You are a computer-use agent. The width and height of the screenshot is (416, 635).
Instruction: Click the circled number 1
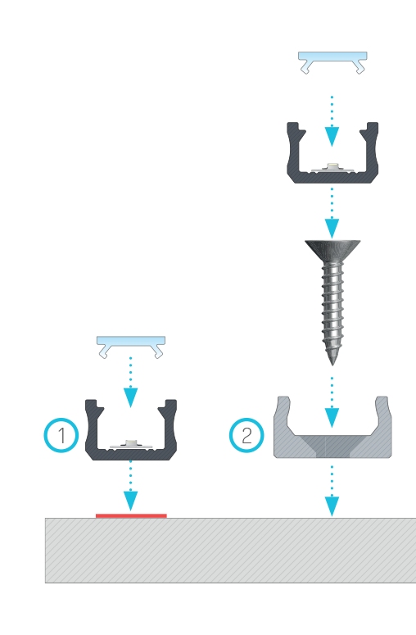pyautogui.click(x=61, y=435)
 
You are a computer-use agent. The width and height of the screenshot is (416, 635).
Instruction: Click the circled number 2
pyautogui.click(x=246, y=435)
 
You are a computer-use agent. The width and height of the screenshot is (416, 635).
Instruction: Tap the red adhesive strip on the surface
pyautogui.click(x=131, y=515)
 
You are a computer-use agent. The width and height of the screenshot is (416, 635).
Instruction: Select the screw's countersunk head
pyautogui.click(x=332, y=250)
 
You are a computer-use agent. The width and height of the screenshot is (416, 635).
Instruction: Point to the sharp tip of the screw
pyautogui.click(x=332, y=365)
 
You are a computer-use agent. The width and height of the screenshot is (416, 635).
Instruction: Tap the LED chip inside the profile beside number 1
pyautogui.click(x=130, y=443)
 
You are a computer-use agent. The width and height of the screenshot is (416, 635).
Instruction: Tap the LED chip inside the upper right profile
pyautogui.click(x=332, y=166)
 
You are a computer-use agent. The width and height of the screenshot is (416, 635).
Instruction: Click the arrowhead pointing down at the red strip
pyautogui.click(x=130, y=501)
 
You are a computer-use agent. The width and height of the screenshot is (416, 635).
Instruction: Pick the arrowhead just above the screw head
pyautogui.click(x=332, y=228)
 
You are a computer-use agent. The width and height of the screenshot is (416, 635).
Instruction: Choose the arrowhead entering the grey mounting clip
pyautogui.click(x=332, y=418)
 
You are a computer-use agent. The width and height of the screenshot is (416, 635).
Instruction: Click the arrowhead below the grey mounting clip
pyautogui.click(x=332, y=506)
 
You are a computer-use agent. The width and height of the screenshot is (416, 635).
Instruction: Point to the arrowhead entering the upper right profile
pyautogui.click(x=332, y=136)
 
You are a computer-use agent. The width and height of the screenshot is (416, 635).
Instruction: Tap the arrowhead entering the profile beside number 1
pyautogui.click(x=130, y=397)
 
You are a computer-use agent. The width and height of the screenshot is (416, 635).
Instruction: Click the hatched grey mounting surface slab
pyautogui.click(x=231, y=551)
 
